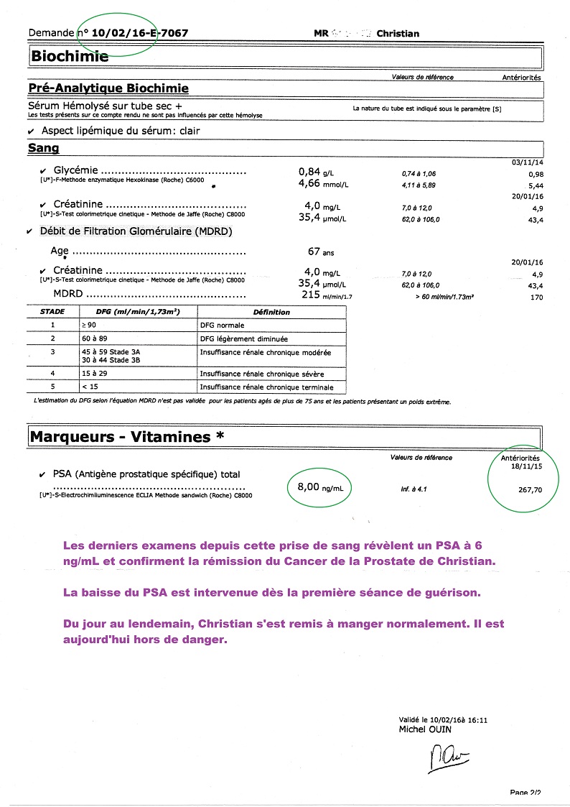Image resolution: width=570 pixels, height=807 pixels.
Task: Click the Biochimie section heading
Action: point(69,56)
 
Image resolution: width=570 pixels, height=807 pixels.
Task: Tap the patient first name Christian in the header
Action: point(398,33)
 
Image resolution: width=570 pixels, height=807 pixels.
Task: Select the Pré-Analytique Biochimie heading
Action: point(108,88)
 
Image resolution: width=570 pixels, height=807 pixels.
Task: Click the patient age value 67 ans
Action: point(320,252)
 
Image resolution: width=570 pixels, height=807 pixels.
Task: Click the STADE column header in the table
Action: point(53,312)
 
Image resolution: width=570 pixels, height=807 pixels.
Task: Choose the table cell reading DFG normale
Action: point(222,326)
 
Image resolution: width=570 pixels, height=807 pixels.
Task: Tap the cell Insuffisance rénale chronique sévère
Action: point(261,374)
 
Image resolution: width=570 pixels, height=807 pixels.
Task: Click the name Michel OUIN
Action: point(426,729)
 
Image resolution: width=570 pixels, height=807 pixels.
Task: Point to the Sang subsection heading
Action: point(43,148)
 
